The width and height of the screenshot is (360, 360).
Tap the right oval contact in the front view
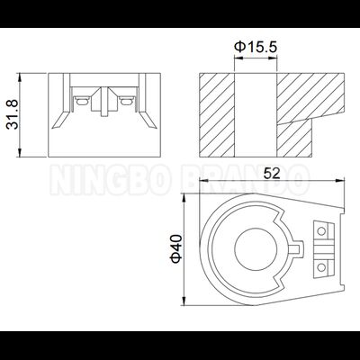pos(129,101)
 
